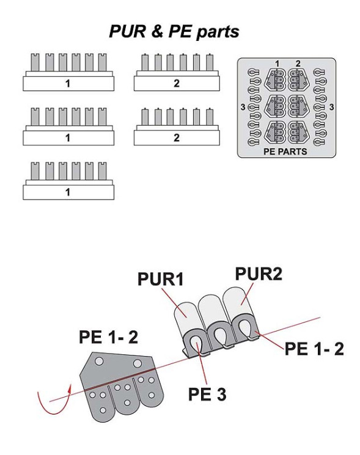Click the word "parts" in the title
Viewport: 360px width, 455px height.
click(x=218, y=32)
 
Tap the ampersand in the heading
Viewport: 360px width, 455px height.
click(x=156, y=31)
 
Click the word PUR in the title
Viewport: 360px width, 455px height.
click(x=127, y=31)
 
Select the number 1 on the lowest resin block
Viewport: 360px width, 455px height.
click(x=68, y=192)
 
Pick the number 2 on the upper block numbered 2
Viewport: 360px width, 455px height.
click(x=177, y=84)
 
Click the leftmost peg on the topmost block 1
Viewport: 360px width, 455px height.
click(x=35, y=62)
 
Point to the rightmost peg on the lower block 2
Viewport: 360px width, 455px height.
click(x=210, y=117)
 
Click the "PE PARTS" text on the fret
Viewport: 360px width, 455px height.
click(x=285, y=151)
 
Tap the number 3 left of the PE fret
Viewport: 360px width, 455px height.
click(x=243, y=107)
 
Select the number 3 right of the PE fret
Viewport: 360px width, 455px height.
click(x=331, y=107)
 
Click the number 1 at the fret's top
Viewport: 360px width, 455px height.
click(x=277, y=64)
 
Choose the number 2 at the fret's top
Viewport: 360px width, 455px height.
click(x=298, y=64)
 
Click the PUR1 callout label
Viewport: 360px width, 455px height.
click(x=161, y=279)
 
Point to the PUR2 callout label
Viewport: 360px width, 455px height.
click(x=259, y=274)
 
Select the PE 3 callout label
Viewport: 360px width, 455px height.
click(x=207, y=394)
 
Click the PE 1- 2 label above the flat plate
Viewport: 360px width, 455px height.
click(x=108, y=337)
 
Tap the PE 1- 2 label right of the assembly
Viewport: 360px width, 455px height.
click(x=314, y=349)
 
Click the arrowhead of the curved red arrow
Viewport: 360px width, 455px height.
click(x=69, y=388)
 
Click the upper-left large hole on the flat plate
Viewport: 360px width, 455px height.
click(x=99, y=362)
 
